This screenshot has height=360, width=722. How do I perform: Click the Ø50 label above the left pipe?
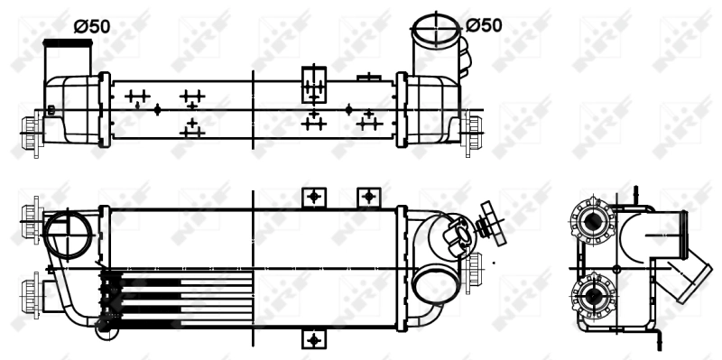91,26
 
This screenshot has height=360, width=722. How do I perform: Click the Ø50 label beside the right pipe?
484,24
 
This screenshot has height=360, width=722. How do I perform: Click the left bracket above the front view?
313,196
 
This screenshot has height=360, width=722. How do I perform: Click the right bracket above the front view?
367,196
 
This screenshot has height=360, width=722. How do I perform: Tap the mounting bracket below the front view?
313,340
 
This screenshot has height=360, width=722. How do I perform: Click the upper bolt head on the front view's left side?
29,213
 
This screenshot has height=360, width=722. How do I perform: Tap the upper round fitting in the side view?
593,222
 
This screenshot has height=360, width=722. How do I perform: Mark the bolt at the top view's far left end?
30,123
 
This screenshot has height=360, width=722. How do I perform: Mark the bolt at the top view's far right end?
473,124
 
